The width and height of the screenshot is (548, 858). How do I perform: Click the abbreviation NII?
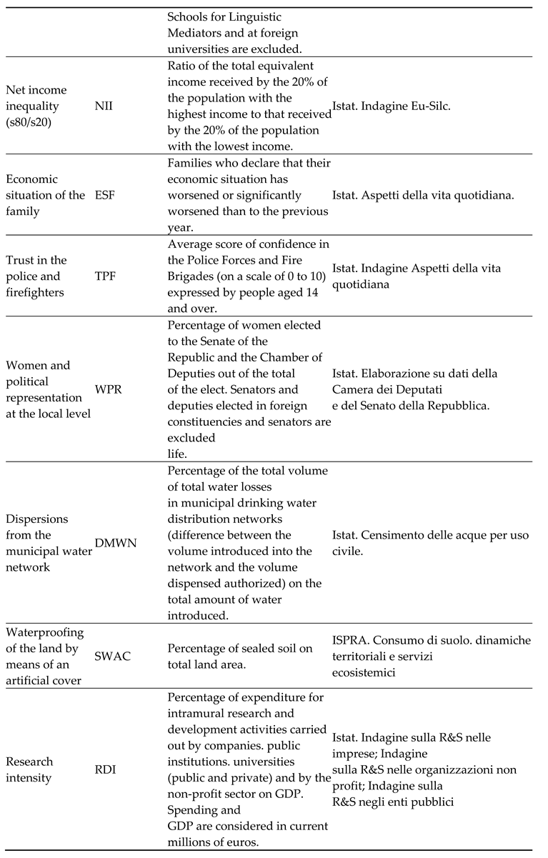(x=104, y=105)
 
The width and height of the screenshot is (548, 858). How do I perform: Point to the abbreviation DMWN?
(x=113, y=542)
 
